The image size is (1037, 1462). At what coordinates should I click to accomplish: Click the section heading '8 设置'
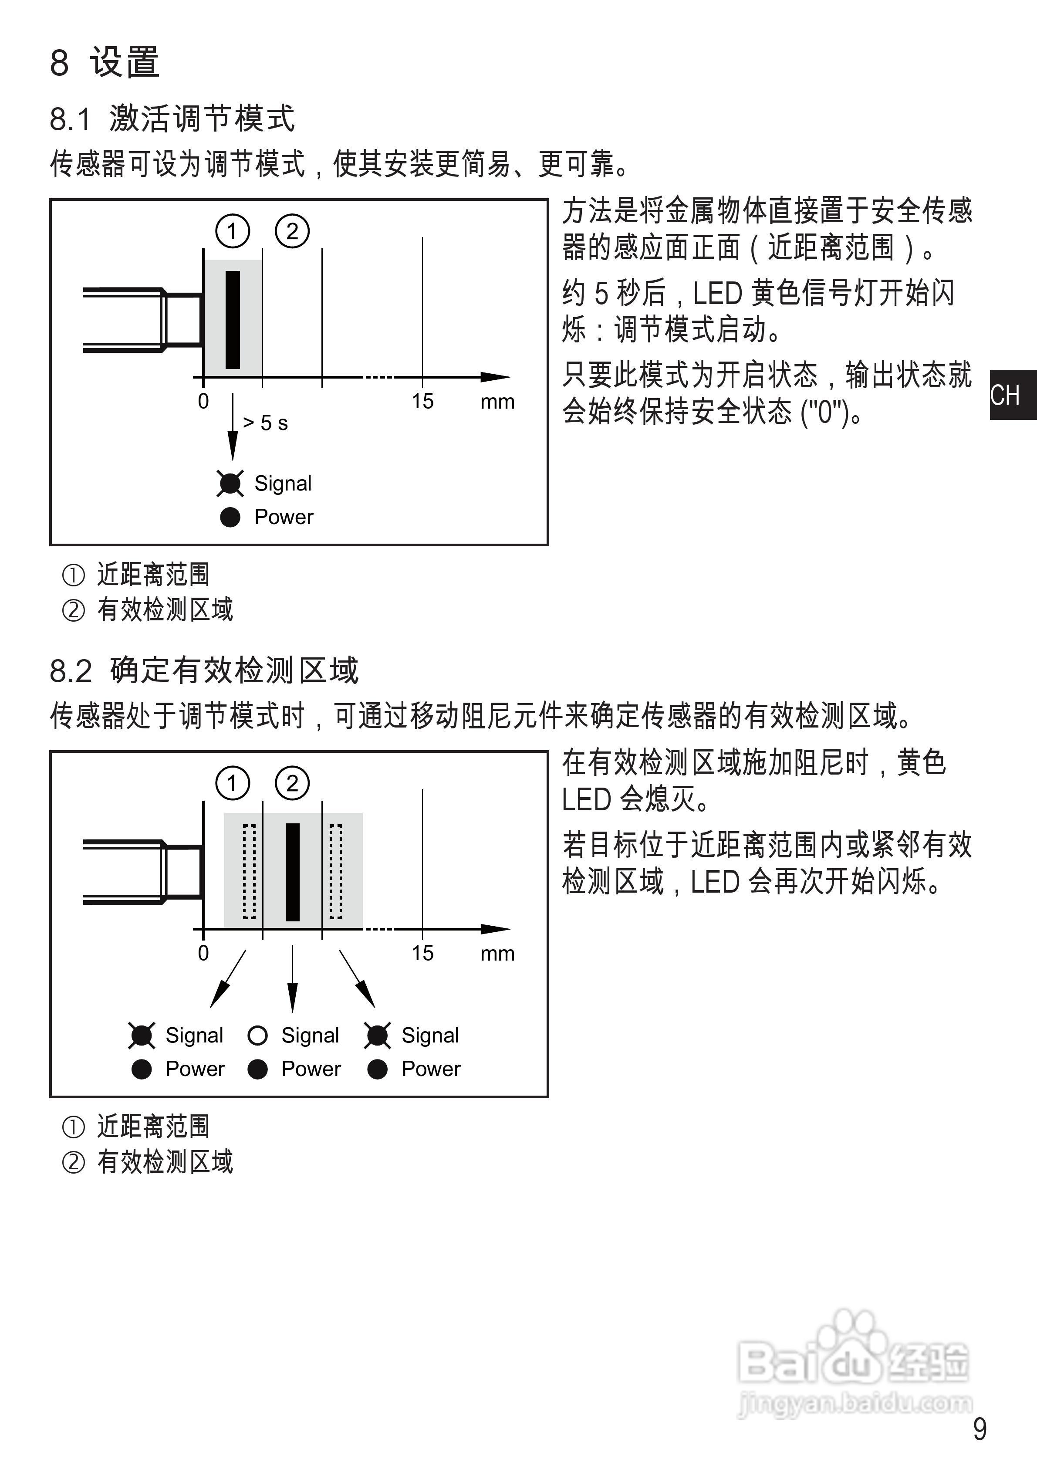click(105, 63)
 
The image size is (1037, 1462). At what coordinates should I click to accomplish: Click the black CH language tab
click(1012, 396)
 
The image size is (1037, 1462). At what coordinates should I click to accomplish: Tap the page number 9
click(980, 1429)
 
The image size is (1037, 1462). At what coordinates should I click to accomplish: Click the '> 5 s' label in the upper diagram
click(266, 423)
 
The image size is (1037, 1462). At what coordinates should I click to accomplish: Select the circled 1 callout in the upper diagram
click(233, 231)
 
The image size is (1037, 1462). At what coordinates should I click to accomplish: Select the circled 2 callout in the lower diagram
click(292, 783)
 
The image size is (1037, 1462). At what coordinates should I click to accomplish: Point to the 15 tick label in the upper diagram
click(422, 402)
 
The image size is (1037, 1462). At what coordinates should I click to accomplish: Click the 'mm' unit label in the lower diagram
click(497, 954)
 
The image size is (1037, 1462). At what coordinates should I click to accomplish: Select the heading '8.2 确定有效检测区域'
click(204, 670)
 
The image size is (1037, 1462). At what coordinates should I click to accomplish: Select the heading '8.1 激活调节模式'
click(172, 119)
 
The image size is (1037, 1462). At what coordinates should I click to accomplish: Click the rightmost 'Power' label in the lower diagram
click(431, 1069)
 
